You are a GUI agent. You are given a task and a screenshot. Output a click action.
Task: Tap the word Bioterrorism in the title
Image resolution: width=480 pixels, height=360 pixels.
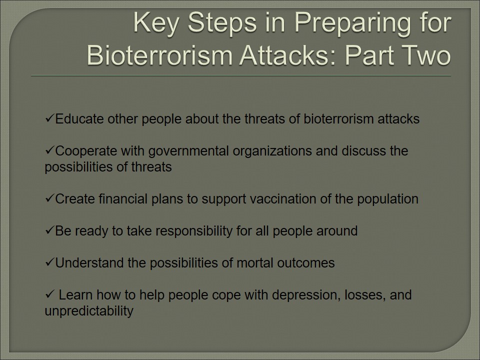[159, 55]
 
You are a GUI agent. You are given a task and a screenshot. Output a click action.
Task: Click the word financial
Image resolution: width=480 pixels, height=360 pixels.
[123, 199]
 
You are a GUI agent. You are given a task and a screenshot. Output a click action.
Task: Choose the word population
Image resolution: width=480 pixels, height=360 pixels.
[387, 199]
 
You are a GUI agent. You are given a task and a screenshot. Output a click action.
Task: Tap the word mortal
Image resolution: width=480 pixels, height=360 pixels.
[255, 263]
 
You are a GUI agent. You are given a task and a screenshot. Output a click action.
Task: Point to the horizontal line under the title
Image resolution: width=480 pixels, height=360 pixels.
[241, 75]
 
